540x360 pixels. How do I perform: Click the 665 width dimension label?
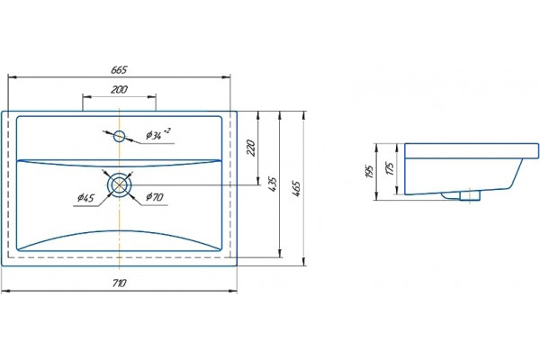119,70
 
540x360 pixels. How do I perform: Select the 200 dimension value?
119,90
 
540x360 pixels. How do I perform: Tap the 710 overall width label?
119,283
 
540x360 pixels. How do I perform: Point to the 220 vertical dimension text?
252,148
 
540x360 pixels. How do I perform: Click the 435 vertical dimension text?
273,184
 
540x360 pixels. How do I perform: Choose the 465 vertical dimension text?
296,188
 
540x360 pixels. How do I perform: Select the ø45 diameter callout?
85,198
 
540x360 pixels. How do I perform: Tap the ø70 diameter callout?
154,197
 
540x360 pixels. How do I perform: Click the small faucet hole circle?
119,137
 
